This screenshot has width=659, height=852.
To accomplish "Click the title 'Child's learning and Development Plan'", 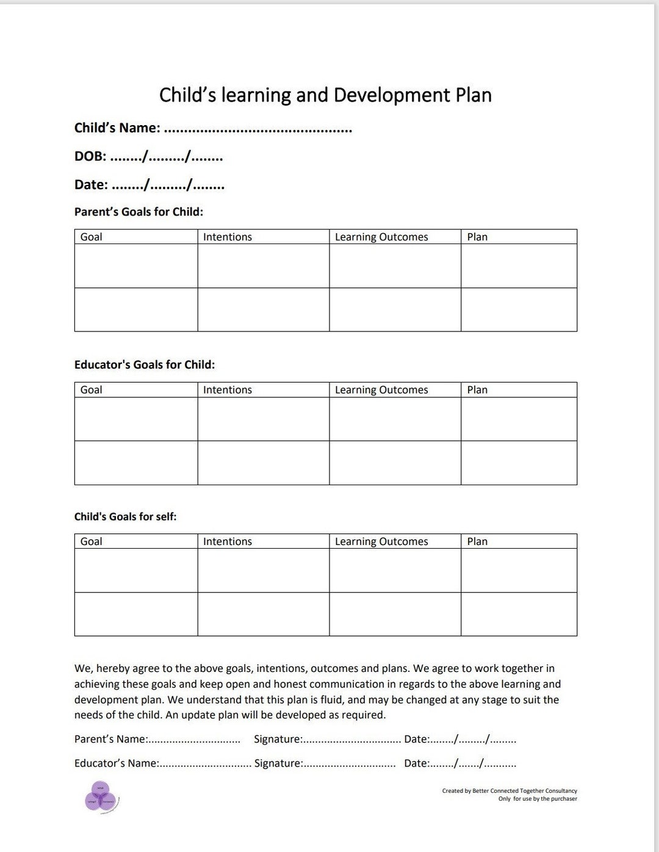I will (325, 95).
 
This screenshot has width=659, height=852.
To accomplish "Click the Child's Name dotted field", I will (257, 129).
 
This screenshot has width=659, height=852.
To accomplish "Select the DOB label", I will (90, 157).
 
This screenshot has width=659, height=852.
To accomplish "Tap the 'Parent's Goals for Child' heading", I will (139, 212).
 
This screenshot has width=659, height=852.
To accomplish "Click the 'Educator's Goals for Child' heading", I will (145, 365).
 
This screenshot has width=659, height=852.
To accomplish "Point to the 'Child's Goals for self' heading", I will (125, 516).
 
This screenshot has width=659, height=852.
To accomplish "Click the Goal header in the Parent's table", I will (92, 237).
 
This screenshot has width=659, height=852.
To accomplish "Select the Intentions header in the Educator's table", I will (228, 390).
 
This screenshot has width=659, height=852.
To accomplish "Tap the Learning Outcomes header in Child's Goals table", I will (381, 541).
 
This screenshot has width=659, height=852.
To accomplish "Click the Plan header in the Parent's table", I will (477, 237).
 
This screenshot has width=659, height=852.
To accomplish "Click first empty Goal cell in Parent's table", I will (136, 266).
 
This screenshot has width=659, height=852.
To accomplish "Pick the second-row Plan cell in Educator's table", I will (519, 463).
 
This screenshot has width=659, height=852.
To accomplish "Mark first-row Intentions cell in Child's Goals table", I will (263, 570).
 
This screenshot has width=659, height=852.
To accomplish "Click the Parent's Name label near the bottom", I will (110, 739).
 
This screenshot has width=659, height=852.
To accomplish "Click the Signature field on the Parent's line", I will (351, 740).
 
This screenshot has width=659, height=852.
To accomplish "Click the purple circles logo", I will (101, 796).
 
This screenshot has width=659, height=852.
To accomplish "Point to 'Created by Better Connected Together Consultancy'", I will (510, 791).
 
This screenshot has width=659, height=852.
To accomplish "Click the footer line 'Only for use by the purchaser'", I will (537, 799).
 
